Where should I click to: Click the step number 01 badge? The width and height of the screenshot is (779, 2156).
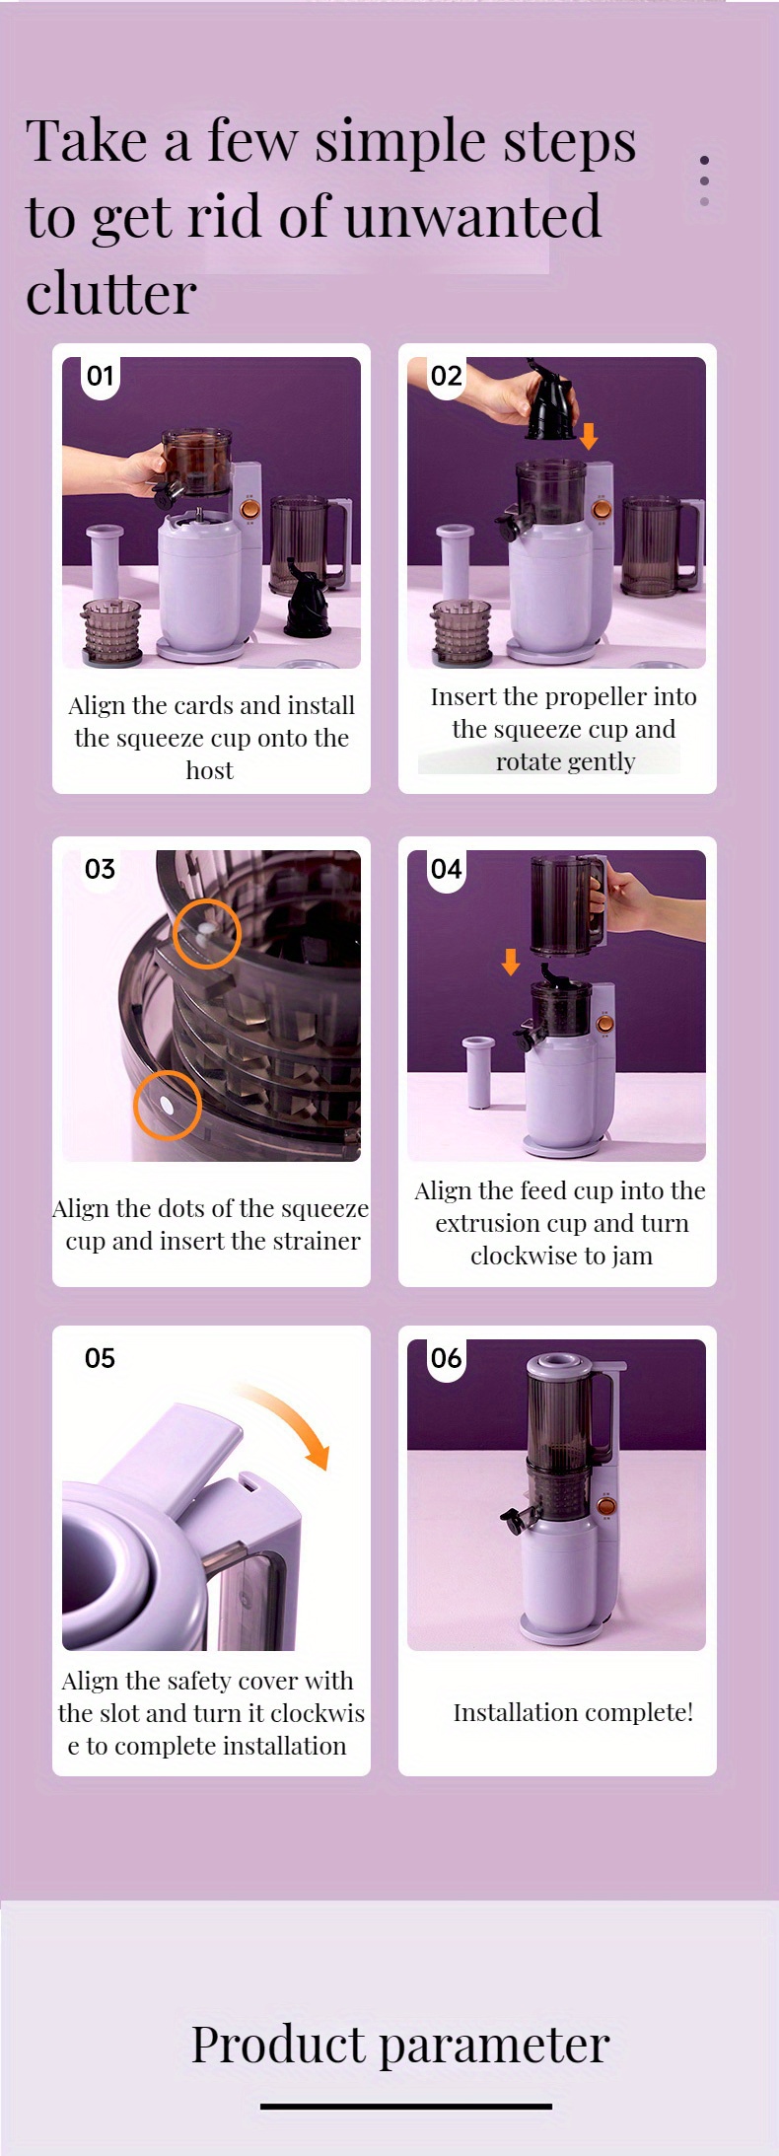click(101, 376)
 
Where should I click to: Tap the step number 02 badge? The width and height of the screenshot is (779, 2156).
click(446, 376)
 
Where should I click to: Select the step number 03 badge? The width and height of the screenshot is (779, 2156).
click(101, 869)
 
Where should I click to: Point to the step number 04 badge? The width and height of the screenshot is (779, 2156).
click(446, 869)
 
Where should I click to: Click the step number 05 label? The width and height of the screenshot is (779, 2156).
click(101, 1358)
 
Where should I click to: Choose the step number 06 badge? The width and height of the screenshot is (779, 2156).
click(446, 1358)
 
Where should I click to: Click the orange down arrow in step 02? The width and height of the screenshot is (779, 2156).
click(589, 435)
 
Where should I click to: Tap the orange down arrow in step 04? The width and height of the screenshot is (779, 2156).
click(511, 962)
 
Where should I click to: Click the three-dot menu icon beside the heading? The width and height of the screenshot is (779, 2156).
click(704, 180)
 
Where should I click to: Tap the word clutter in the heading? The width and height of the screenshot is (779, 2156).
click(111, 294)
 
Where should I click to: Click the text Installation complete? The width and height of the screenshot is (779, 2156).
click(573, 1711)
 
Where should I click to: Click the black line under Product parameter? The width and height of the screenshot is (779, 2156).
click(406, 2106)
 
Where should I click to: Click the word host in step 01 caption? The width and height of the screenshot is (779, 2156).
click(210, 770)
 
